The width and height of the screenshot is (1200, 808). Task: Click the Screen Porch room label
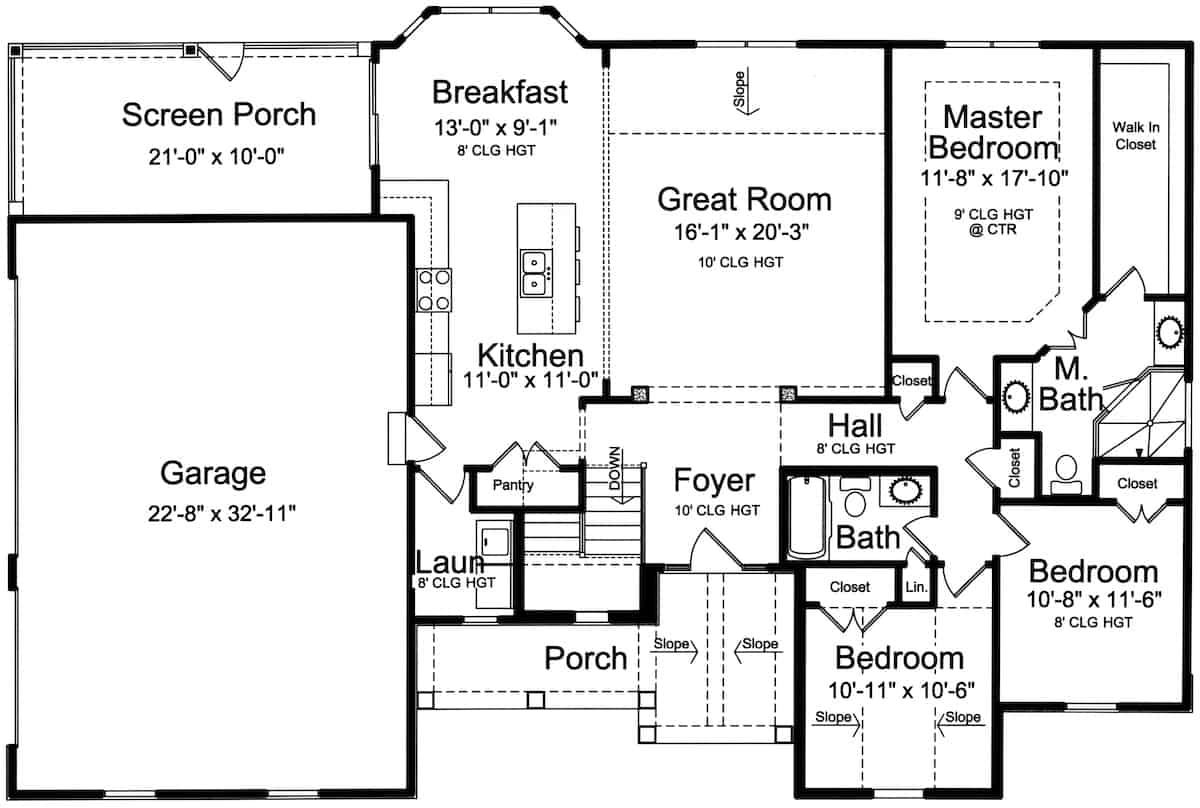(x=219, y=115)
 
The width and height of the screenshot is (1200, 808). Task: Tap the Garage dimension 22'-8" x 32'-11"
(x=222, y=513)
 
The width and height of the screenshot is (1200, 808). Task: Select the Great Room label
(x=744, y=199)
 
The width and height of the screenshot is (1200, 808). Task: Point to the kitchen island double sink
(x=535, y=273)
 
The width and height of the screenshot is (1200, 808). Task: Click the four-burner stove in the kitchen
(x=433, y=290)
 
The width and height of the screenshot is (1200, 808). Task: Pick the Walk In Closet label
(x=1136, y=136)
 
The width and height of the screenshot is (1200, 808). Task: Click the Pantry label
(x=513, y=485)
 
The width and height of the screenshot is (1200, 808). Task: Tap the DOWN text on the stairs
(x=614, y=468)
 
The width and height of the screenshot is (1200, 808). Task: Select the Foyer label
(x=714, y=480)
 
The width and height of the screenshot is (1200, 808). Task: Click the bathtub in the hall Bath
(x=807, y=518)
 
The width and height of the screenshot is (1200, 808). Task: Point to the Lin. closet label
(x=917, y=587)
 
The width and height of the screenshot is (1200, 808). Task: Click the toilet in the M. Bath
(x=1066, y=474)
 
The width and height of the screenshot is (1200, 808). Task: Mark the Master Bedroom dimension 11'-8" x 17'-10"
(x=994, y=178)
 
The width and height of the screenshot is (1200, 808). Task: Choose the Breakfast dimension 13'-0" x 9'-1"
(x=496, y=128)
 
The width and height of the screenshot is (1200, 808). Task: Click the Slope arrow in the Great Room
(x=746, y=91)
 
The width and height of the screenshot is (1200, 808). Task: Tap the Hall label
(x=855, y=426)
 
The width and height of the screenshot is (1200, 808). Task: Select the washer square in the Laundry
(x=494, y=541)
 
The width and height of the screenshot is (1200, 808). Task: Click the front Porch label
(x=586, y=658)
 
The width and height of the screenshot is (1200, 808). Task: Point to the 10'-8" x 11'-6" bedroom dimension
(x=1094, y=600)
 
